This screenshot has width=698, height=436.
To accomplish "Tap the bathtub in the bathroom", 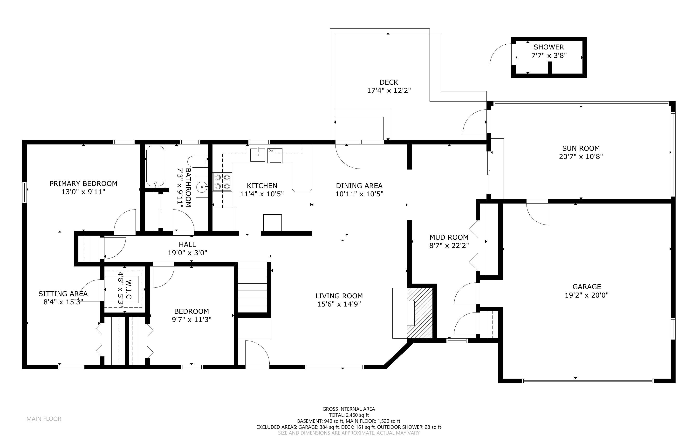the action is coord(155,166).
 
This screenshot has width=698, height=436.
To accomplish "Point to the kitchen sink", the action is coord(257,155).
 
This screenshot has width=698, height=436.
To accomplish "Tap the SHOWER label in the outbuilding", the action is coord(549,47).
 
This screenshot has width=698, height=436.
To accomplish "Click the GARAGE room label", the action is coord(587,287).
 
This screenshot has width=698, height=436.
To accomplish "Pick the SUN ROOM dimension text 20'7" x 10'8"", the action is coord(581,157).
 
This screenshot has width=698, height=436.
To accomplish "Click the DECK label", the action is coord(389,82).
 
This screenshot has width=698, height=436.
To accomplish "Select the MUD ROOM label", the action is coord(449,237).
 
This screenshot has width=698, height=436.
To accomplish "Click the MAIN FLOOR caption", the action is coord(44,419).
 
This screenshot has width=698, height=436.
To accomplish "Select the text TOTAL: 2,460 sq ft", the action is coord(349,415).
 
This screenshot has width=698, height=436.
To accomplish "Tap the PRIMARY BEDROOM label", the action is coord(83,184).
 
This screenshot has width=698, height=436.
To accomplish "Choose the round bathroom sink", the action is coord(202,187).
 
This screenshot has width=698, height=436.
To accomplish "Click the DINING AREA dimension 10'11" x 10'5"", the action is coord(359,194).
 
